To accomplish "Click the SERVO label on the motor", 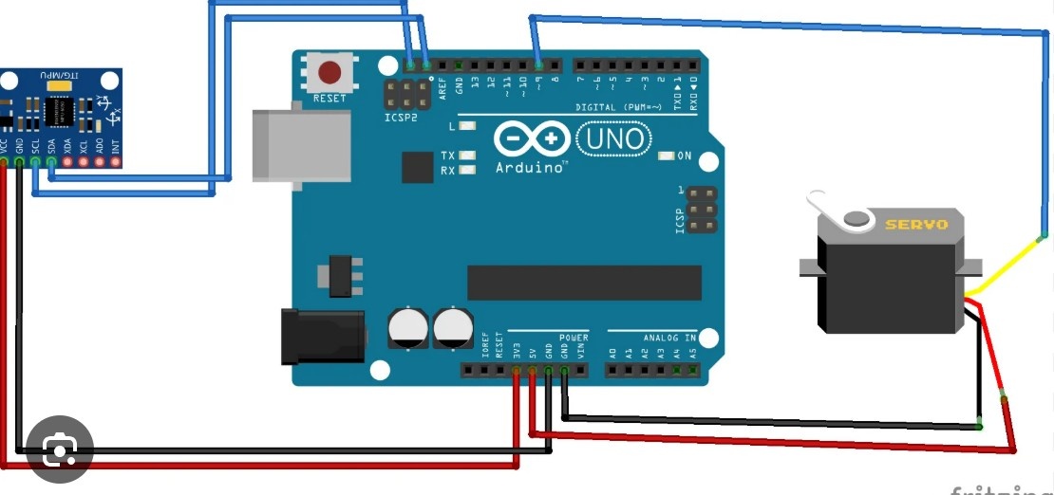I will pos(916,225).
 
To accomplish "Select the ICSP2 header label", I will pos(401,119).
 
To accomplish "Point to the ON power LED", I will pos(666,155).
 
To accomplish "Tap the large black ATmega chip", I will pos(584,283).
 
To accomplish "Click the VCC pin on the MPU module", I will pos(4,162).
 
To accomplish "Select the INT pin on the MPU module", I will pos(116,162).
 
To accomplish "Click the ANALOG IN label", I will pos(669,338).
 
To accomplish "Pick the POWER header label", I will pos(573,338).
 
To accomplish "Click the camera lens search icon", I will pos(59,449).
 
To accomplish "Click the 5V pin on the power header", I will pos(533,371).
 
